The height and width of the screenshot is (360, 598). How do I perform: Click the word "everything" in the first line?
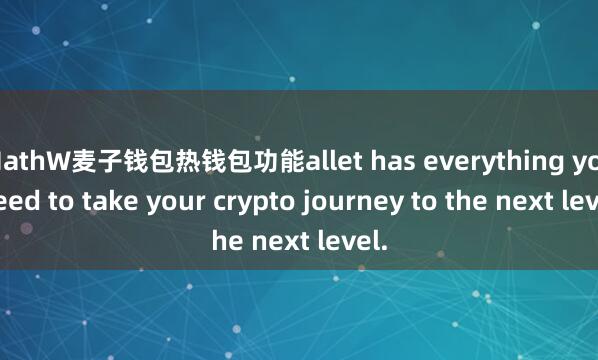click(480, 159)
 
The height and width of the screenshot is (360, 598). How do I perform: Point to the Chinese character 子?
click(119, 159)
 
